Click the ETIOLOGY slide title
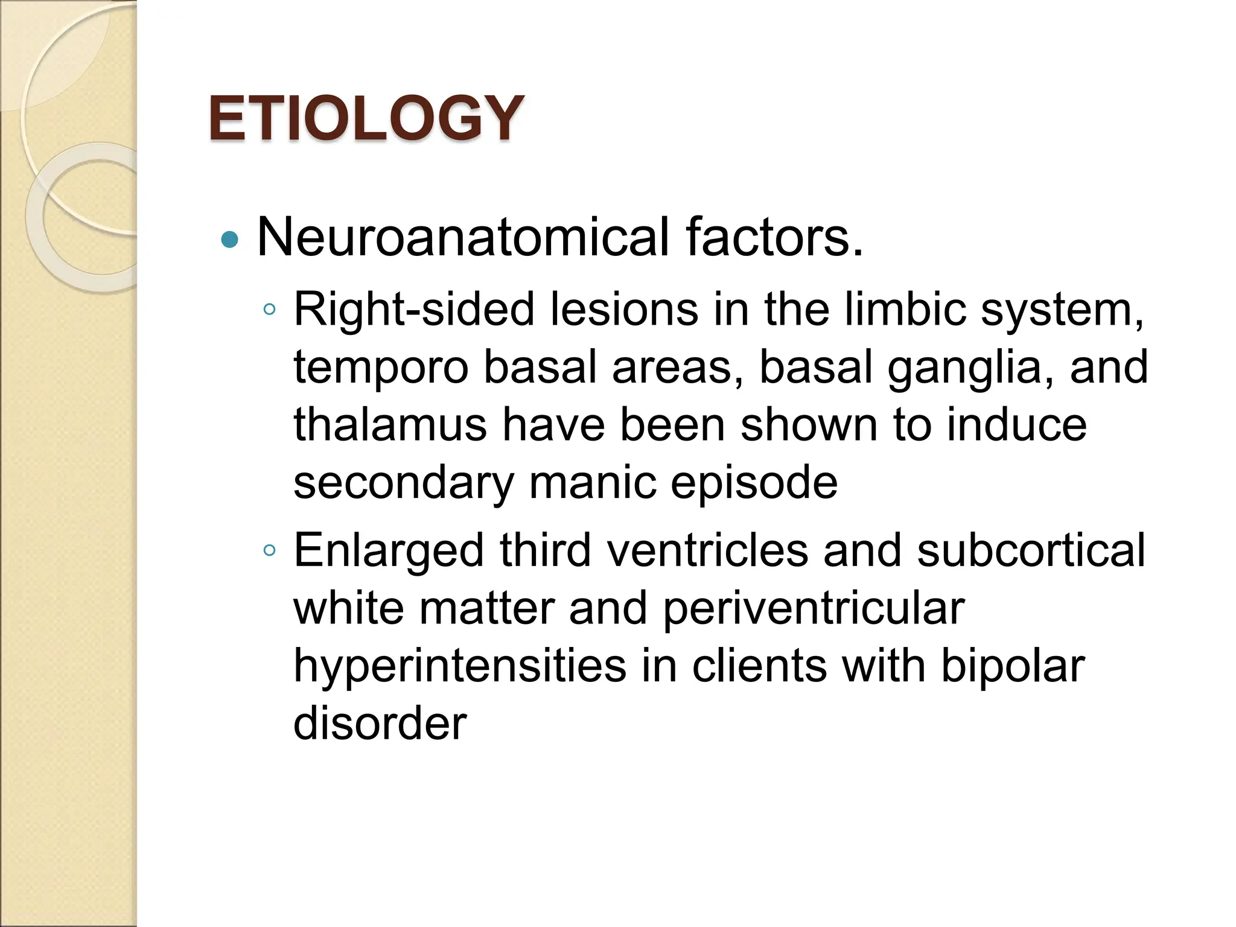pyautogui.click(x=366, y=118)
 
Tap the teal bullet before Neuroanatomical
pyautogui.click(x=230, y=240)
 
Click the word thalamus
pyautogui.click(x=390, y=425)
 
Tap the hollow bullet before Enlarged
pyautogui.click(x=269, y=550)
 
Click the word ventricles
pyautogui.click(x=707, y=550)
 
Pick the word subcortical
pyautogui.click(x=1031, y=550)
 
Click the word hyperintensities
pyautogui.click(x=460, y=667)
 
